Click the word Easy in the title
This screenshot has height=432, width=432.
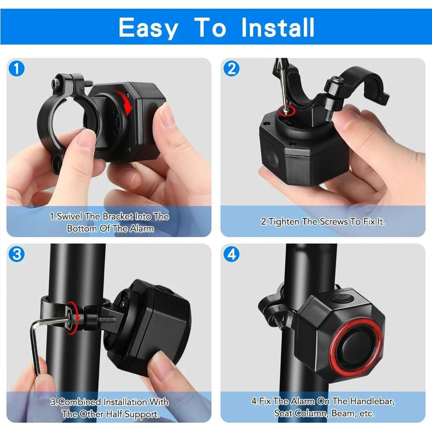click(x=148, y=28)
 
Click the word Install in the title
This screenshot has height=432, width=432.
click(x=278, y=27)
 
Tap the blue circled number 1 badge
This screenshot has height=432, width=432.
click(x=17, y=69)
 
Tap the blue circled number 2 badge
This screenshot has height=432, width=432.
click(x=231, y=69)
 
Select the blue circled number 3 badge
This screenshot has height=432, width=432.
click(x=17, y=254)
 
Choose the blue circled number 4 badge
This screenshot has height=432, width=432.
click(x=231, y=254)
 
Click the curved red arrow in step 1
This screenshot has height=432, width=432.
click(x=125, y=102)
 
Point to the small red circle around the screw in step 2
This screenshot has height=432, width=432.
click(x=288, y=110)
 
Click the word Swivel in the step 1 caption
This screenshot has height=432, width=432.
click(x=69, y=217)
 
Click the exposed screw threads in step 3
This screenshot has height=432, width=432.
click(x=107, y=320)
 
